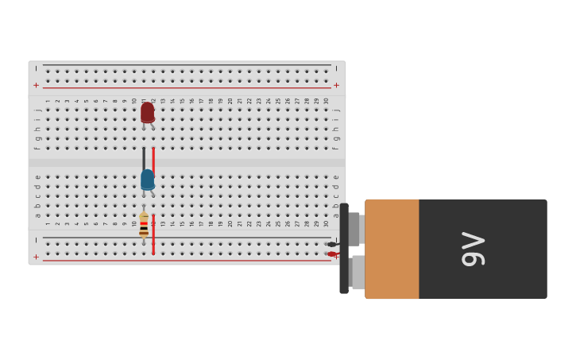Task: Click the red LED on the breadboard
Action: point(147,112)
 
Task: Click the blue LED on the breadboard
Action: point(147,180)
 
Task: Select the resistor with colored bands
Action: point(144,225)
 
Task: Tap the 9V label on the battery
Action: point(473,249)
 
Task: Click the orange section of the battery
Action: point(392,249)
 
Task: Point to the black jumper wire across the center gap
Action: point(144,158)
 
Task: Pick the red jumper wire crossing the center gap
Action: point(153,158)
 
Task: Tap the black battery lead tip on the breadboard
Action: point(331,244)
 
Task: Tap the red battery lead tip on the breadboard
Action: point(331,254)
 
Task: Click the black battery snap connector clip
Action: point(344,249)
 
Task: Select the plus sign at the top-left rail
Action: point(36,85)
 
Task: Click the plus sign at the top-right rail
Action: point(336,85)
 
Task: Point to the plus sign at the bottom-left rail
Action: point(36,257)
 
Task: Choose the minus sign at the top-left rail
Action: point(36,69)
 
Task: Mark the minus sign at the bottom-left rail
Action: point(36,240)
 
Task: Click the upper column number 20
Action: point(230,101)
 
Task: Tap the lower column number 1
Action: point(48,223)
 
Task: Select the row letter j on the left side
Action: point(37,110)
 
